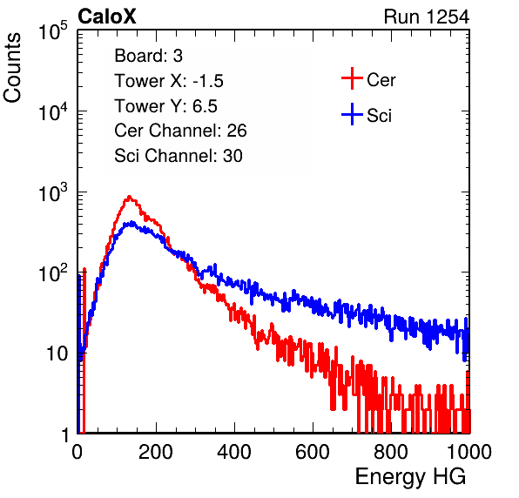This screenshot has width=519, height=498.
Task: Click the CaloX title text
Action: [107, 17]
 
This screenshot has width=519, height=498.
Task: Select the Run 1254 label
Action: [427, 17]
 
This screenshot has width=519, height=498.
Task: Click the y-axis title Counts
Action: [12, 68]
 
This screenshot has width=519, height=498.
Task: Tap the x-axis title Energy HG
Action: [410, 477]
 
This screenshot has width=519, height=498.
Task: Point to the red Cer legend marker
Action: [352, 78]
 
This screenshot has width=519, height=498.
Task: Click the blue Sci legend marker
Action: [352, 114]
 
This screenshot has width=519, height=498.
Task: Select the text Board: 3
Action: [148, 56]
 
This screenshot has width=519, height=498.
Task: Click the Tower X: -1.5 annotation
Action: [169, 81]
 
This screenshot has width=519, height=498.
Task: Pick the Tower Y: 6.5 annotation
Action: [165, 106]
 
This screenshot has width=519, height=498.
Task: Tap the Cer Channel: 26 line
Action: [180, 131]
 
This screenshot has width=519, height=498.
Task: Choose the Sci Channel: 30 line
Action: [179, 156]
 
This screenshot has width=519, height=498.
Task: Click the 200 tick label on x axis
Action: [156, 452]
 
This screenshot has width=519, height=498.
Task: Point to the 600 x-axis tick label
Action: [313, 452]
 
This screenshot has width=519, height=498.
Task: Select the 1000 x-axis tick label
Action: [469, 452]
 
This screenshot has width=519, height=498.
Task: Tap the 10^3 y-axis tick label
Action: [53, 192]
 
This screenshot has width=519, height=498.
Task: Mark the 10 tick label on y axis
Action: [57, 353]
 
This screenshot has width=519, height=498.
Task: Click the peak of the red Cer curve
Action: [130, 197]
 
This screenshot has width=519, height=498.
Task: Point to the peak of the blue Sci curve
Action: [132, 222]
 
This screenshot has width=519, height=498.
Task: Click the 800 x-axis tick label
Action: [391, 452]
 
